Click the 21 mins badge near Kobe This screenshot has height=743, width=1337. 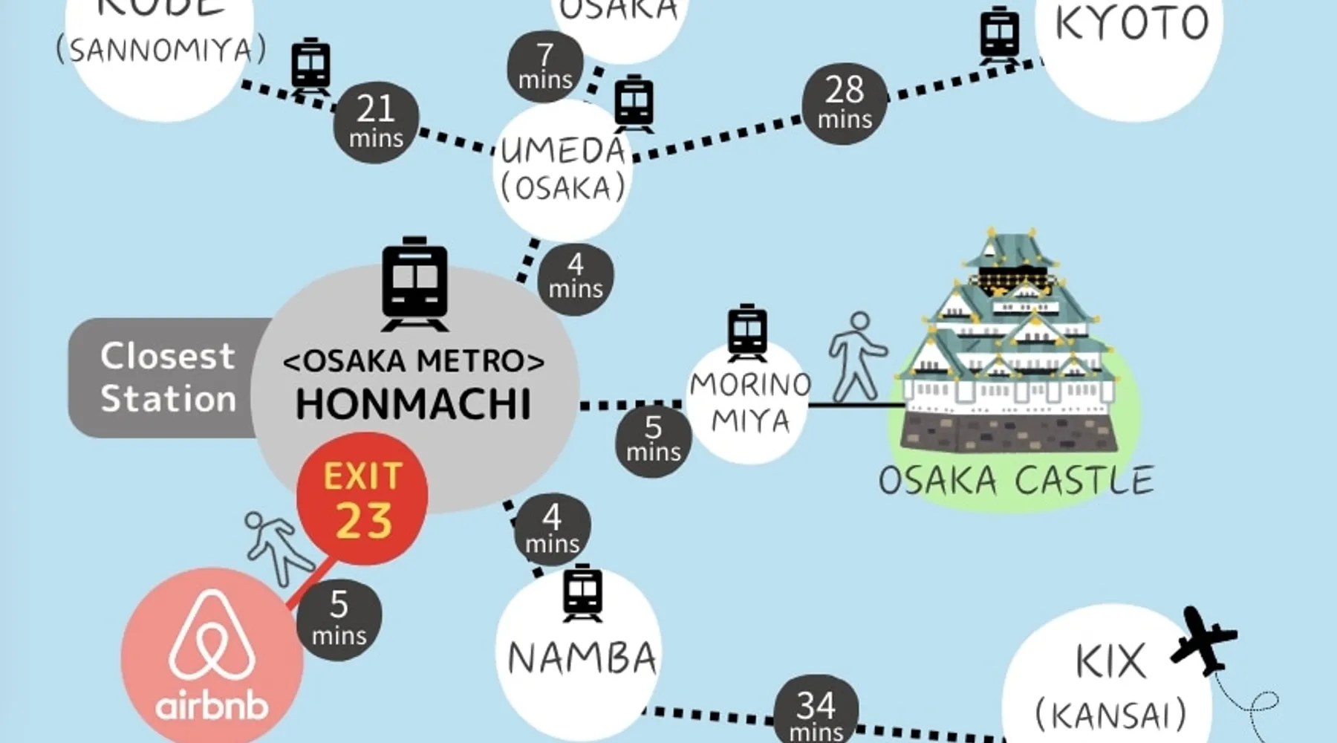376,122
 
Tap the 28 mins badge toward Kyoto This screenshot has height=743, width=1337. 845,103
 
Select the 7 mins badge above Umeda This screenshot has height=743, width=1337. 545,66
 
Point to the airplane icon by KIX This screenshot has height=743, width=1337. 1203,639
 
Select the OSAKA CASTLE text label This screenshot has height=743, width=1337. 1015,480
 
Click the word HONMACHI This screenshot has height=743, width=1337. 414,404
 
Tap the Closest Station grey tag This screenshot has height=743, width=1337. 168,377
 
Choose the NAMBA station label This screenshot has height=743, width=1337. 582,658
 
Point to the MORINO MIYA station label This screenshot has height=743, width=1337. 749,403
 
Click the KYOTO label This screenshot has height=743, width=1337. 1131,24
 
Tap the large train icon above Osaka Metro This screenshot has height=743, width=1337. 414,284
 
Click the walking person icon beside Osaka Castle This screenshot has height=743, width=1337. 856,357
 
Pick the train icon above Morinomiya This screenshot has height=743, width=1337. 747,331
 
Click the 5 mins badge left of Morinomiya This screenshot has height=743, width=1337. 653,439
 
